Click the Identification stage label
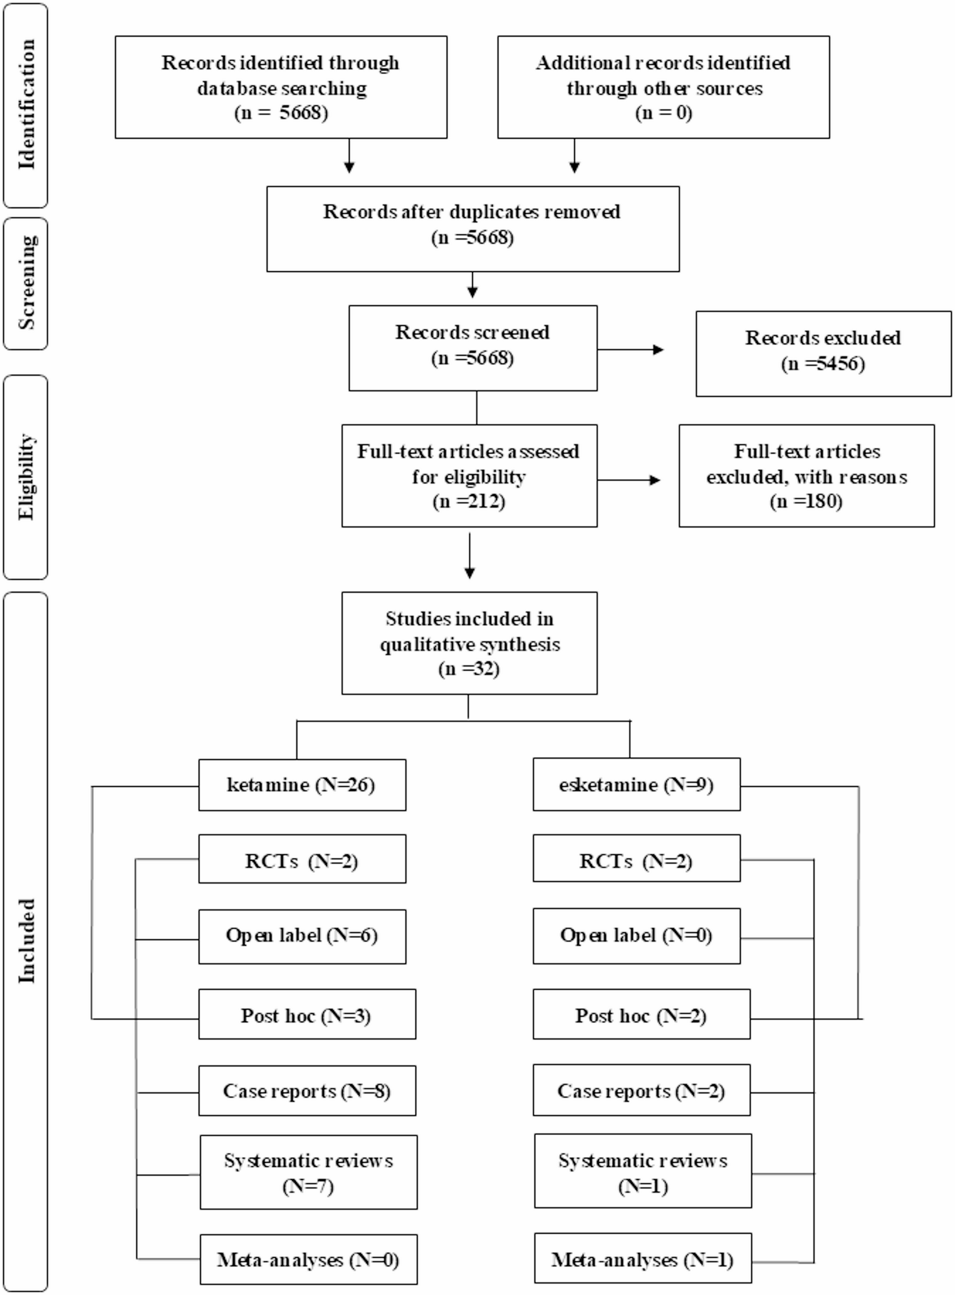(26, 105)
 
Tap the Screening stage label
(26, 283)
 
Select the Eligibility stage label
(26, 477)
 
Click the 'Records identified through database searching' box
(281, 87)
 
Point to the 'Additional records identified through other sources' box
(663, 87)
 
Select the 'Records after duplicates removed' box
(472, 229)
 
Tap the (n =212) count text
(469, 502)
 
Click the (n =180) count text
(806, 502)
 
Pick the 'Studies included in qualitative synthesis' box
(469, 643)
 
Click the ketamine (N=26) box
(302, 785)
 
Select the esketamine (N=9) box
(636, 785)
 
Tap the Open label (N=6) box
(302, 936)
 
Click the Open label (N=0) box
(636, 935)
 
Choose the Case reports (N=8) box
(307, 1091)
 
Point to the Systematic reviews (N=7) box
(308, 1172)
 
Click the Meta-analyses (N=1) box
(642, 1259)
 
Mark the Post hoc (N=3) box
(307, 1015)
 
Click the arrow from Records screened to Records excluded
(630, 349)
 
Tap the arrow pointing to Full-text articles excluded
(629, 480)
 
